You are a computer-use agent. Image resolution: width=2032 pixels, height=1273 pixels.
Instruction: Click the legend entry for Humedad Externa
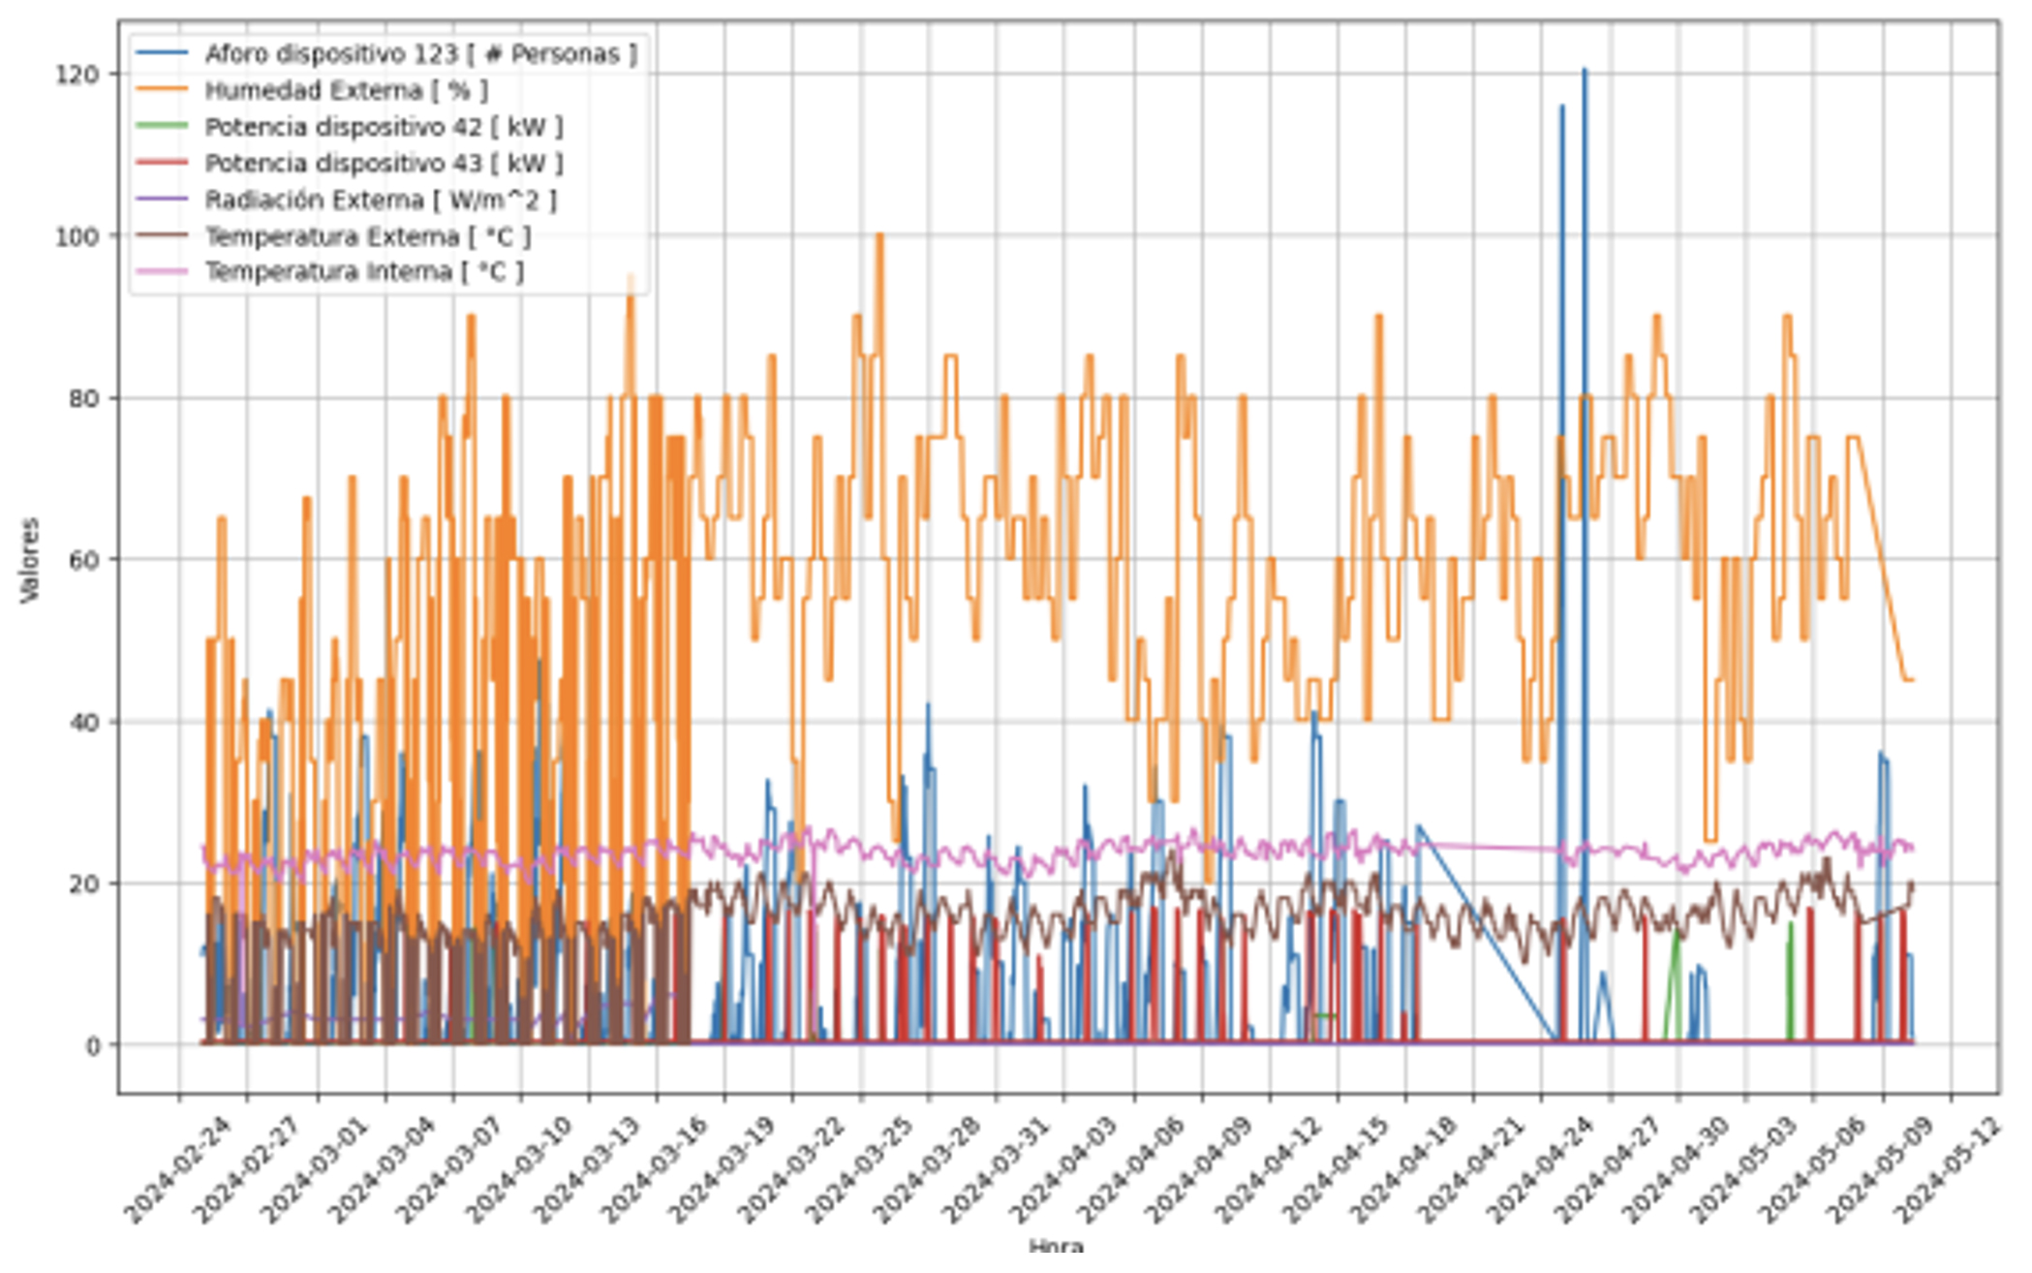pos(345,91)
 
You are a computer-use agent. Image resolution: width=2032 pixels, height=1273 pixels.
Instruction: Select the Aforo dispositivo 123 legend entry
pos(420,54)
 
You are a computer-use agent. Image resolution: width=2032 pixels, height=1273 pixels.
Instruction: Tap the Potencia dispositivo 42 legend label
pos(383,127)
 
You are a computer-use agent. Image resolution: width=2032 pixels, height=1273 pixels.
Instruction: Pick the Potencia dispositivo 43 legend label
pos(383,164)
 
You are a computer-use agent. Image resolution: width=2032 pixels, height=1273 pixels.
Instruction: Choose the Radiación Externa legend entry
pos(380,201)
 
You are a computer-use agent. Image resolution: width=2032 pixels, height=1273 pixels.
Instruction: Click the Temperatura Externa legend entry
pos(367,236)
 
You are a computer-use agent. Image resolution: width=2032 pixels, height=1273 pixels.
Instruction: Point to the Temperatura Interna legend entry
pos(363,272)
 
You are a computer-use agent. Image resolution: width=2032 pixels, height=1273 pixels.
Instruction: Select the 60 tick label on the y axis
pos(83,560)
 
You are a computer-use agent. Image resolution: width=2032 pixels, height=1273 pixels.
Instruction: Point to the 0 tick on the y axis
pos(92,1046)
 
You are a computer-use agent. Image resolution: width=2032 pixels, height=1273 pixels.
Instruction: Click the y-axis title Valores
pos(30,560)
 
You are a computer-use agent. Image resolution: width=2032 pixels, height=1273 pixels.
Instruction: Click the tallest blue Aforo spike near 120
pos(1585,72)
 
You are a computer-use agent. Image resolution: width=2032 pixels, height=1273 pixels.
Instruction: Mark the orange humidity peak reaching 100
pos(879,236)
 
